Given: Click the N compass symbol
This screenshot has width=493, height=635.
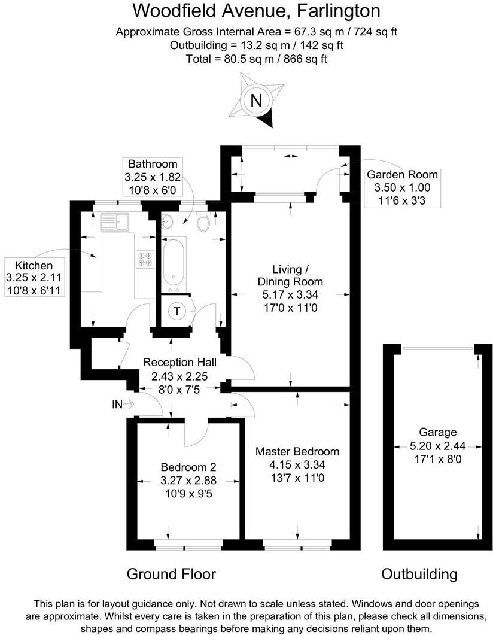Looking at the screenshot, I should pos(257,101).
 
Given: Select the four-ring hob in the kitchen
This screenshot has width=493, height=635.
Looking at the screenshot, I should pos(145,258).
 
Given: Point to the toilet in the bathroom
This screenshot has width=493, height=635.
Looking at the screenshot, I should pos(203,222).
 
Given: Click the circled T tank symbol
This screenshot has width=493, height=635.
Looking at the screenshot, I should pos(177,311).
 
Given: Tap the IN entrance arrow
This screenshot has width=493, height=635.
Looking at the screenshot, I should pos(123,405).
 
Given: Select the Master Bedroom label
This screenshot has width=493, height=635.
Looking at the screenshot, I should pos(297,452).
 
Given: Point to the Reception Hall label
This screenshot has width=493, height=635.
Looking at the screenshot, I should pos(179,362).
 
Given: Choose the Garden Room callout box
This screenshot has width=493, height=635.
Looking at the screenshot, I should pos(402,186).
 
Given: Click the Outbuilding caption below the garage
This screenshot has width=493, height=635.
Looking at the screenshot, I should pos(419,575).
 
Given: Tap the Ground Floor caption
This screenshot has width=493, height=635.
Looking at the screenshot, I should pos(171,575).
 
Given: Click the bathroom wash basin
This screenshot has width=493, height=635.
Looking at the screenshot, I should pos(168,221).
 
